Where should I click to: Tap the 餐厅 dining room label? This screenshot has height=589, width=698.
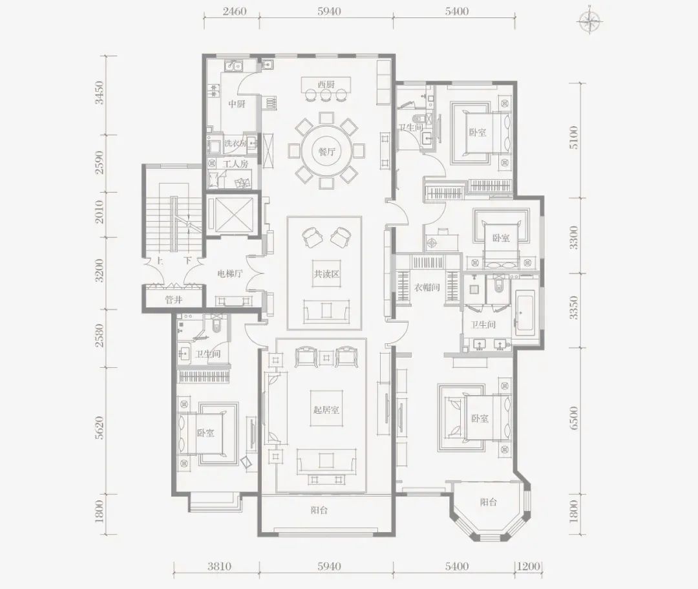[x=327, y=152]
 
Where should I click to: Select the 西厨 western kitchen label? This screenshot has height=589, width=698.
[x=326, y=85]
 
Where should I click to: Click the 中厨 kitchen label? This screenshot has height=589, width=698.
[x=237, y=105]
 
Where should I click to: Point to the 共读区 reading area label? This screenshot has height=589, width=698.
[x=326, y=273]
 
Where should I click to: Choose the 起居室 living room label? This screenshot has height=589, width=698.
[x=326, y=409]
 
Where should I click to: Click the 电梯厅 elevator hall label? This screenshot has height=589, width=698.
[x=229, y=273]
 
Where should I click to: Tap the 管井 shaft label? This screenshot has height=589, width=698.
[x=174, y=300]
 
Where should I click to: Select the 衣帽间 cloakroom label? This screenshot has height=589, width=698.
[x=427, y=287]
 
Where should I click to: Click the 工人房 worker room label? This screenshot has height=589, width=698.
[x=235, y=164]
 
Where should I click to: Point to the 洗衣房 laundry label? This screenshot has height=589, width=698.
[x=236, y=144]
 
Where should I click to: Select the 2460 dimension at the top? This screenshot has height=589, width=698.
[x=235, y=11]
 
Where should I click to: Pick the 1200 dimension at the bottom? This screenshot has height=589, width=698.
[x=529, y=566]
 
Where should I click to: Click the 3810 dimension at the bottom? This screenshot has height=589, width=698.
[x=219, y=566]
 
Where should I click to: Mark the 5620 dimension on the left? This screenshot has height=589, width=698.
[x=99, y=428]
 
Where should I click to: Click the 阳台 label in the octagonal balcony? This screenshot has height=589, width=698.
[x=489, y=502]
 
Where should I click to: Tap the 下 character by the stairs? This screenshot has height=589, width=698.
[x=188, y=261]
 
